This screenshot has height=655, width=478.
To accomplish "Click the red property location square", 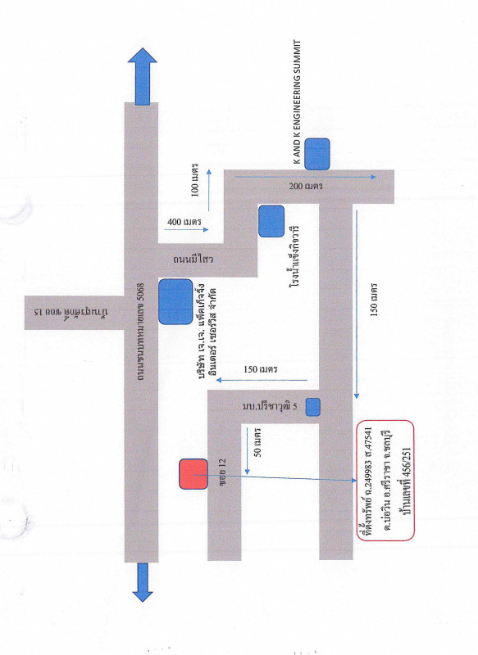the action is pos(193,474).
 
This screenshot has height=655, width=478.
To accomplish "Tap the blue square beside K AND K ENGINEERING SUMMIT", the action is pos(317,154).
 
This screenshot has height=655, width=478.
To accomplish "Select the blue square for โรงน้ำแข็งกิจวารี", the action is pos(271,221).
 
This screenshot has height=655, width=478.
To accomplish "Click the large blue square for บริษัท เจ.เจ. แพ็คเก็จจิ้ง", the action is pos(175,301).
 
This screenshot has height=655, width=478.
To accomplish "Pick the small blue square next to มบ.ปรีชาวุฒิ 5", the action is pos(313,407).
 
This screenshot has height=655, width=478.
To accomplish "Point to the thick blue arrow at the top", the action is pos(143,76).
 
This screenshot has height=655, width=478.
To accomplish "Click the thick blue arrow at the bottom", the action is pos(143,582).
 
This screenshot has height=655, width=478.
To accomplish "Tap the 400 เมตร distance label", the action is pos(184,222).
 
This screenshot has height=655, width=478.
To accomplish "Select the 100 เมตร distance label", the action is pos(195,180).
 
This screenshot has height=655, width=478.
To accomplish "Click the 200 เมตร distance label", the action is pos(306,186).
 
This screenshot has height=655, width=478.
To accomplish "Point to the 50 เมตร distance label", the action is pos(257,442).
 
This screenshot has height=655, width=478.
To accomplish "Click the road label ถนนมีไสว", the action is pos(193,259).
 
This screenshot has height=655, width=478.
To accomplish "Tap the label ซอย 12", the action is pos(222,469).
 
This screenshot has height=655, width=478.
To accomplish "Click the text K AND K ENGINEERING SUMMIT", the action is pos(298,102).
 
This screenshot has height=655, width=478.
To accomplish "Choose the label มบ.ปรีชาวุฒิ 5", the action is pos(270,406).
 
